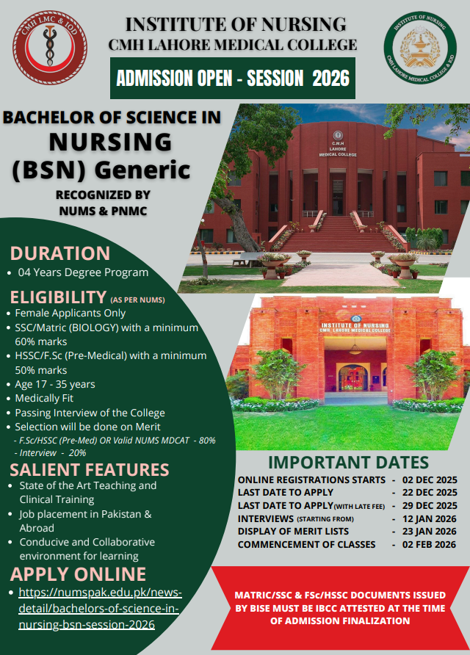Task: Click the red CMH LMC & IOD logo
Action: tap(50, 47)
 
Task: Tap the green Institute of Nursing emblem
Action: tap(420, 47)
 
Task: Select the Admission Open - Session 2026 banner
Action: tap(233, 78)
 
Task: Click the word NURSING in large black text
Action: tap(110, 142)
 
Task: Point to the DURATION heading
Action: tap(60, 253)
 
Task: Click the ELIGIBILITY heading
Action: tap(58, 297)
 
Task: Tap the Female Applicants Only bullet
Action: tap(70, 313)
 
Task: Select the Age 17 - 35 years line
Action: tap(55, 384)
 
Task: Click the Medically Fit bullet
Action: tap(44, 398)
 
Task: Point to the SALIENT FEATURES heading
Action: tap(90, 469)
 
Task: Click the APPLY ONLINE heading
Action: tap(78, 574)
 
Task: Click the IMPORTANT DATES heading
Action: tap(348, 463)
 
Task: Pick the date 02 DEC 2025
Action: tap(430, 480)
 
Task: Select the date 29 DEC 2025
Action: tap(430, 505)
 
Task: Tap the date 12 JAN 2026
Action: tap(430, 519)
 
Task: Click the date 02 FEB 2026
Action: tap(429, 544)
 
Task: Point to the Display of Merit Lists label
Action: tap(293, 532)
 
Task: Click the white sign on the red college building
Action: tap(355, 327)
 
